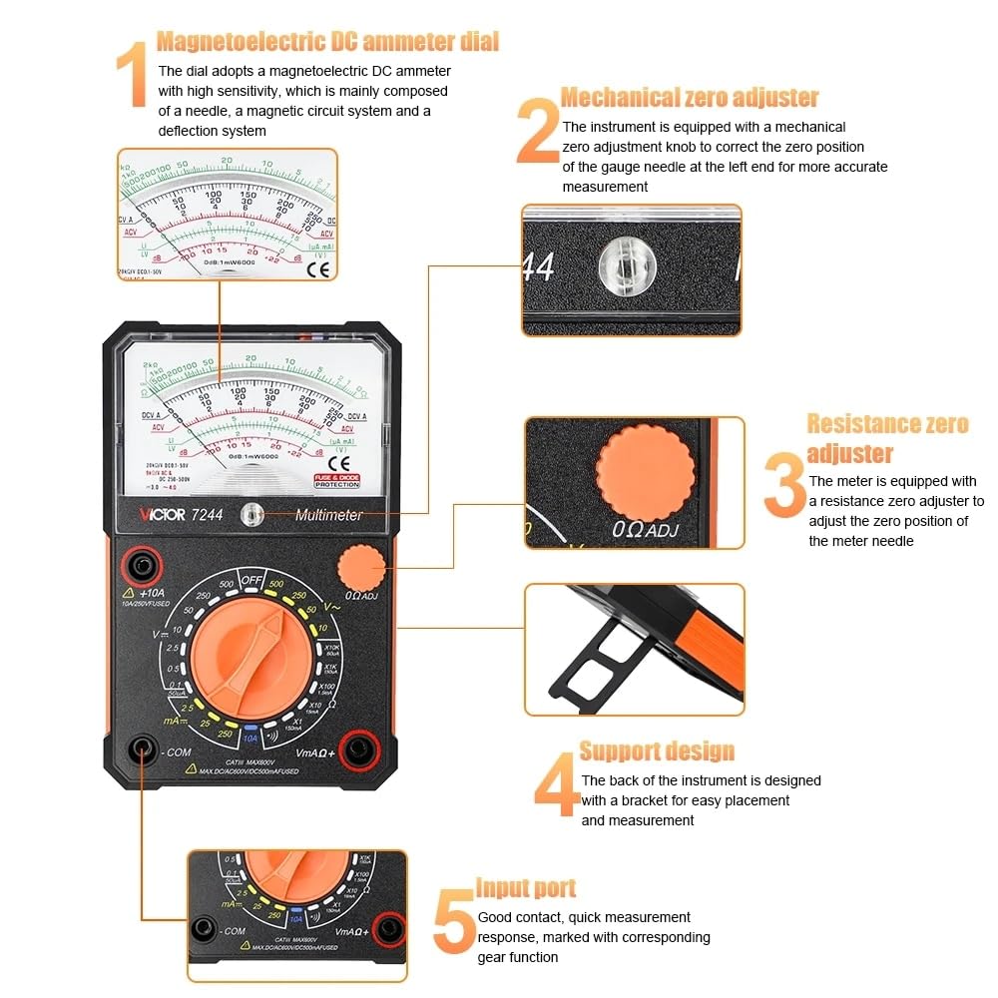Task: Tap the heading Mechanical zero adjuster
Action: tap(689, 98)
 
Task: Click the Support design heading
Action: tap(657, 751)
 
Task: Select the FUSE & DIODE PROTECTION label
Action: tap(337, 480)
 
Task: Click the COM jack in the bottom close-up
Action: tap(205, 928)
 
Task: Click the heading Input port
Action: tap(525, 888)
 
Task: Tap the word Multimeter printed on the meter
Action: tap(329, 515)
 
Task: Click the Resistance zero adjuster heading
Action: tap(886, 438)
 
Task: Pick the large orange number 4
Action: tap(555, 788)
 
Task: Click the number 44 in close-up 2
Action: tap(539, 267)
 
